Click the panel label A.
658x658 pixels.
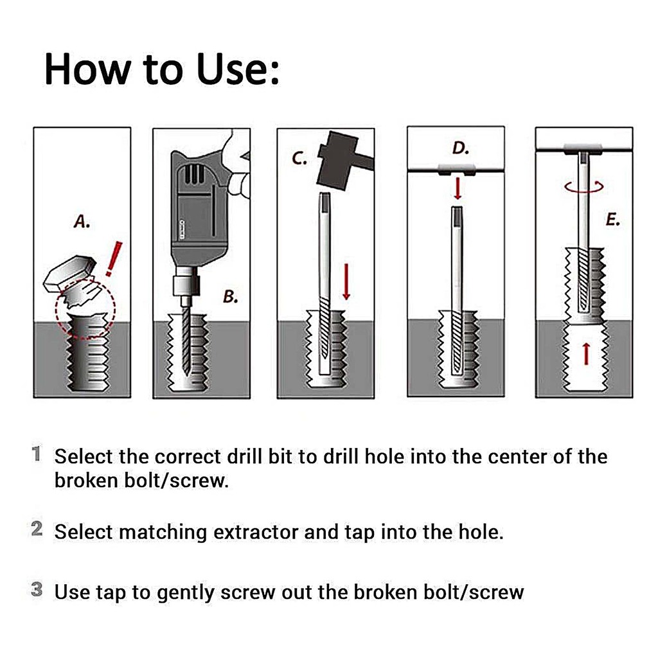(x=82, y=221)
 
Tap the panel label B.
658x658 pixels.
(x=231, y=297)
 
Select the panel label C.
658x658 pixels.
(x=299, y=158)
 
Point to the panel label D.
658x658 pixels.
(x=460, y=148)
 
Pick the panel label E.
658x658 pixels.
(x=613, y=220)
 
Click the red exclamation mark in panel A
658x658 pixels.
(x=113, y=258)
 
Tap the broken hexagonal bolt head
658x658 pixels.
(x=69, y=272)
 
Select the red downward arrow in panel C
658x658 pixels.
(x=346, y=281)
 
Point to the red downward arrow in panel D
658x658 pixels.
(x=458, y=188)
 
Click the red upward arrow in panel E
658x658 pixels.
(x=586, y=353)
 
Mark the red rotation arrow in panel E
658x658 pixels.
(x=583, y=187)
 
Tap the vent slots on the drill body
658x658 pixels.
(x=194, y=175)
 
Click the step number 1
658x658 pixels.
(x=37, y=454)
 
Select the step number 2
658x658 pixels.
(x=37, y=529)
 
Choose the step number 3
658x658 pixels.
(x=37, y=589)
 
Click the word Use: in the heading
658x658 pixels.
(x=238, y=69)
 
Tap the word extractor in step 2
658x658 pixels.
(x=256, y=532)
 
